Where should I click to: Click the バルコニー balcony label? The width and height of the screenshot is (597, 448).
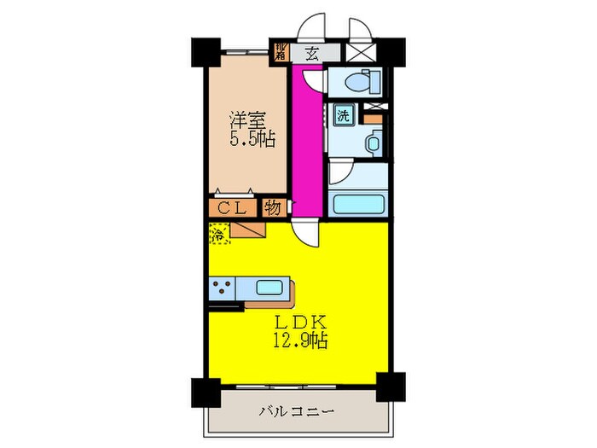[296, 411]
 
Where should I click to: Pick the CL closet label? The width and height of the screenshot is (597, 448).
[229, 207]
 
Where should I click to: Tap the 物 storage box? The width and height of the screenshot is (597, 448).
[273, 207]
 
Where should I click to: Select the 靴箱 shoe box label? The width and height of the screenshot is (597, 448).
[280, 52]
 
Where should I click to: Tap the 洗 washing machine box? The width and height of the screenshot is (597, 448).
[341, 115]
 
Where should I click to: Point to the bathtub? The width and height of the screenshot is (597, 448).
[359, 204]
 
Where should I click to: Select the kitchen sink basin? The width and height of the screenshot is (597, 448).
[270, 288]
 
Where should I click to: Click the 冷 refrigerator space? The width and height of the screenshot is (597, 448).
[219, 233]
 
